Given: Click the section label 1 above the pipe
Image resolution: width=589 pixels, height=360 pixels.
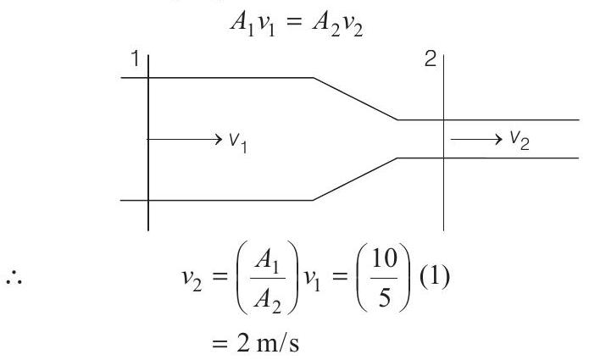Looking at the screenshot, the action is point(136,59).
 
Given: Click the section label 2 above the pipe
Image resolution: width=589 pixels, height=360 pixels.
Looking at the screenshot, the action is point(431,59).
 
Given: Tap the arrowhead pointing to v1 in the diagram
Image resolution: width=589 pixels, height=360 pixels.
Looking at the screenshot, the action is point(218,139).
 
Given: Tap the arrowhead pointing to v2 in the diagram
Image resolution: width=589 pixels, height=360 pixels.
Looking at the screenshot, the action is point(497,139).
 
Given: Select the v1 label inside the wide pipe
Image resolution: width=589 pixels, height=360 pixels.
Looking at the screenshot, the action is point(238,142).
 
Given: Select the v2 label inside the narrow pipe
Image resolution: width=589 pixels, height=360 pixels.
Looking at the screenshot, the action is point(520,141).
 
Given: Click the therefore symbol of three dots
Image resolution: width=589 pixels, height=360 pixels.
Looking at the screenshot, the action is point(14,280).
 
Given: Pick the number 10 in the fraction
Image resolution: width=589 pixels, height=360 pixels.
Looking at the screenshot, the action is point(384,258).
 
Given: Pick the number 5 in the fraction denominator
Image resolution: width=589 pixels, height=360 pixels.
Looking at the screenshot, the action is point(384,298).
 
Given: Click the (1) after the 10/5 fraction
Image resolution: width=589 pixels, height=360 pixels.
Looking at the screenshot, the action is point(434,277).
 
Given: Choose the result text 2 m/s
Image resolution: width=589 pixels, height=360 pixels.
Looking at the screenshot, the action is point(268,343).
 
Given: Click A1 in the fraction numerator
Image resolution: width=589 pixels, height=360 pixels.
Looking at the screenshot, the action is point(267,260).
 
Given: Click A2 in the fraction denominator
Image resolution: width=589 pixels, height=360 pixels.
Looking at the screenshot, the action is point(268,300).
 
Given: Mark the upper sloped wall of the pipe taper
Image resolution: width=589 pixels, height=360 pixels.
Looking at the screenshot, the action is point(355,99).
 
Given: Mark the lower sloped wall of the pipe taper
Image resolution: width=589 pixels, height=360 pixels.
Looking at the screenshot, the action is point(355,179).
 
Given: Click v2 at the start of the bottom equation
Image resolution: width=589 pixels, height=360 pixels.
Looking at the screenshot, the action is point(192,280).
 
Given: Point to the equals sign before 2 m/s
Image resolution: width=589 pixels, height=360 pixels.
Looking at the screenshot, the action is point(220,344).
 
